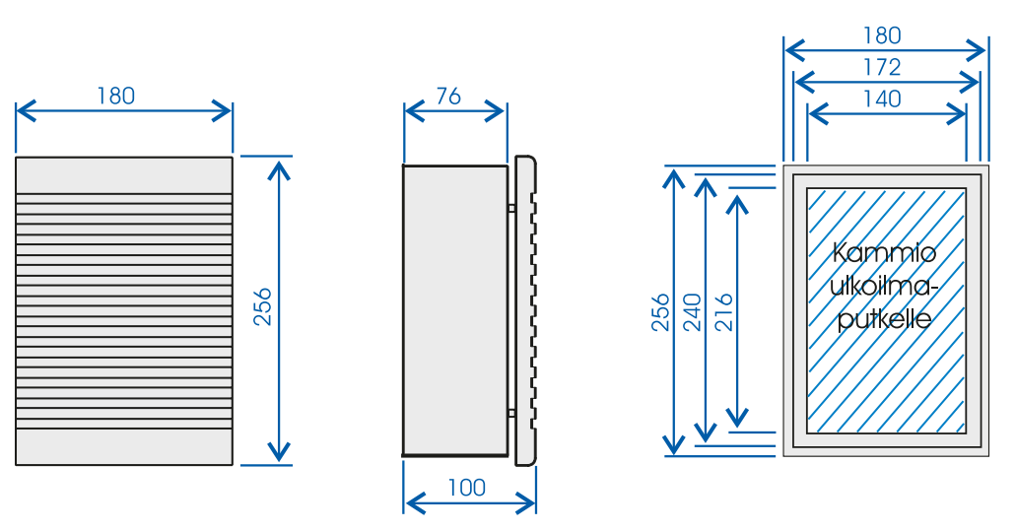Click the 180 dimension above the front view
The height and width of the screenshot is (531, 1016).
pos(116,96)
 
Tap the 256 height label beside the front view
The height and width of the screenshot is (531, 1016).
pos(262,307)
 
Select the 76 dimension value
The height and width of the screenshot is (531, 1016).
pos(448,96)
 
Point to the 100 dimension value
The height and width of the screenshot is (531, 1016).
pos(466,488)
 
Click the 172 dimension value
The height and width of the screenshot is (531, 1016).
pos(882,67)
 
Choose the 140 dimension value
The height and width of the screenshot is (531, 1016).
pos(882,100)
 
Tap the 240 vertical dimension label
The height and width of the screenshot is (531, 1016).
pos(693,312)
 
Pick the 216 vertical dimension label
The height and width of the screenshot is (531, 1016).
pos(723,312)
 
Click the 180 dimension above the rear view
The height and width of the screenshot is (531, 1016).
pos(882,35)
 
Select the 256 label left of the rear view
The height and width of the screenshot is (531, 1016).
pos(660,312)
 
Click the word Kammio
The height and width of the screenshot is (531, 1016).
pos(884,252)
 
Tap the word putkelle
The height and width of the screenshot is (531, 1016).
pos(885,318)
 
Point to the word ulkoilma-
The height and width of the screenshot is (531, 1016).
pos(884,286)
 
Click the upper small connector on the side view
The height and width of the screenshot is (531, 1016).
pos(511,208)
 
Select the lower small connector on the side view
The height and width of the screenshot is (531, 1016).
pos(511,413)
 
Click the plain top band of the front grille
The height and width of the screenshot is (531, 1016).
pos(124,174)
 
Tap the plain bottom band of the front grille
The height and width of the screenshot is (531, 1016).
pos(124,447)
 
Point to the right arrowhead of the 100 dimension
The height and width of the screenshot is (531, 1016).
pos(525,502)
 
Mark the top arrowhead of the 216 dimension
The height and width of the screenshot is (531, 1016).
pos(737,204)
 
